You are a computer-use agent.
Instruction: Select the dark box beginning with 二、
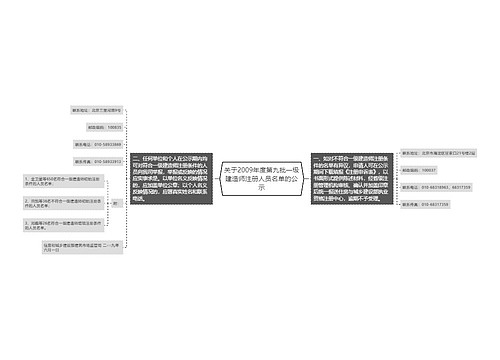(170, 179)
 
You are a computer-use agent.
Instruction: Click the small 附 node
(115, 203)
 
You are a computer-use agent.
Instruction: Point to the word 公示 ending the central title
(261, 187)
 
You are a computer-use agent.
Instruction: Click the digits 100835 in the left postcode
(113, 127)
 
